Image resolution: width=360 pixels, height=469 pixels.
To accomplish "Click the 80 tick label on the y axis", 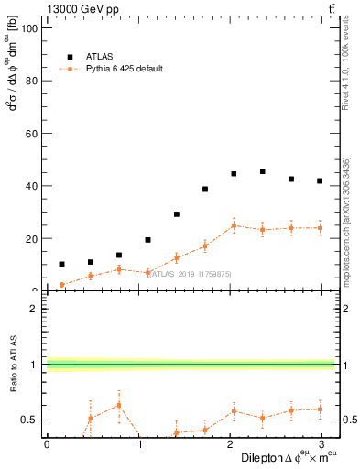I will click(x=33, y=81).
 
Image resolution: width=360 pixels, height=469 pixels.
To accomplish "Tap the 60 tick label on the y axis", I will click(x=33, y=134).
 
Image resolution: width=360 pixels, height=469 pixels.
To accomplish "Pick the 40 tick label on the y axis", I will click(x=33, y=186).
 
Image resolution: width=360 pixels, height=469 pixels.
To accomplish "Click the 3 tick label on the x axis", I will click(x=322, y=444).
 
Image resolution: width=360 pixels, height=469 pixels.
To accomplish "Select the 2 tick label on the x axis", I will click(x=230, y=444).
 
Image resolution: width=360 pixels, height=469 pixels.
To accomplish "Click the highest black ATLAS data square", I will click(x=262, y=171).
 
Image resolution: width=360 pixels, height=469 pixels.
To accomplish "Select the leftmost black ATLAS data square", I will click(x=61, y=264).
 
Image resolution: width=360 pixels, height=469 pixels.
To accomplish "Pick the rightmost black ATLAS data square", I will click(x=319, y=181).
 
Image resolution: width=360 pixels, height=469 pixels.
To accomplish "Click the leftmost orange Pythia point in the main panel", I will click(x=61, y=285).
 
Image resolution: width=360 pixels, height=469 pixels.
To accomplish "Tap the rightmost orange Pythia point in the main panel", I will click(x=319, y=228).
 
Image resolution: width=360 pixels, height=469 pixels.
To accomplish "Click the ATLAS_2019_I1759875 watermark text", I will click(x=189, y=273).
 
